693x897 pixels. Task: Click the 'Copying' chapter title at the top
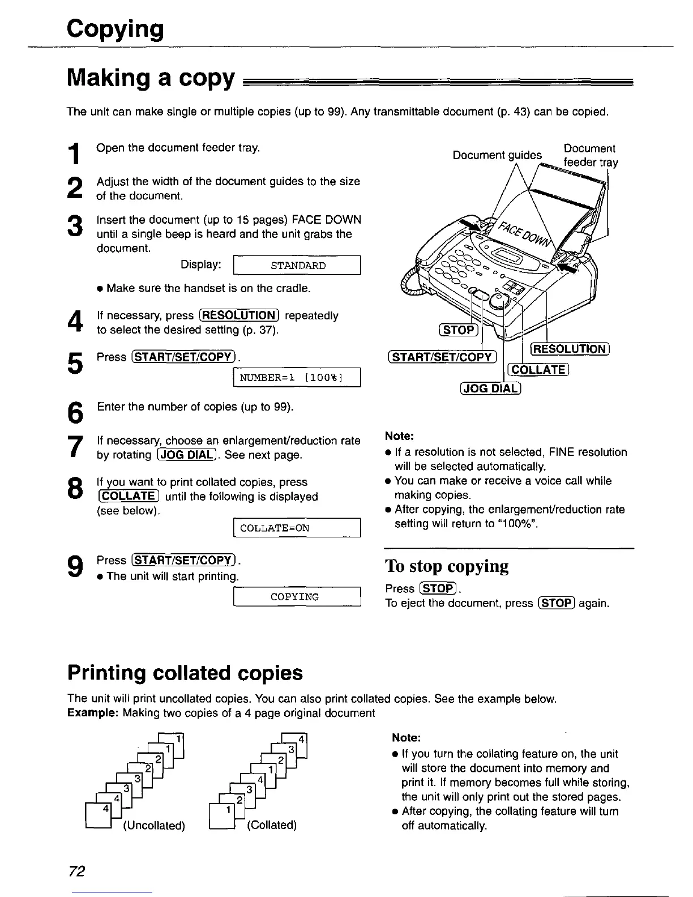tap(115, 29)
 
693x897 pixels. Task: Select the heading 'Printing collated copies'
tap(185, 673)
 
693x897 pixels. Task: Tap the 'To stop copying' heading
tap(447, 566)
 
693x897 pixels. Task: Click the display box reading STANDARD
tap(297, 266)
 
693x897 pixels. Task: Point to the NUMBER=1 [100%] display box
tap(297, 377)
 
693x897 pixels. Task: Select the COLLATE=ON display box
tap(297, 528)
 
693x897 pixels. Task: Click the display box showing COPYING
tap(297, 597)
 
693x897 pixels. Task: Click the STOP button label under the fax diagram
tap(459, 330)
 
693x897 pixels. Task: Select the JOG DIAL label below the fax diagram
tap(490, 388)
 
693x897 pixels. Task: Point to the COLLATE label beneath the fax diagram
tap(539, 370)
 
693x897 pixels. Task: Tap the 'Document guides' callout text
tap(497, 155)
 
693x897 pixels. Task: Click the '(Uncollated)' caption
tap(154, 825)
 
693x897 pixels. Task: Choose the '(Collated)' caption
tap(272, 825)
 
